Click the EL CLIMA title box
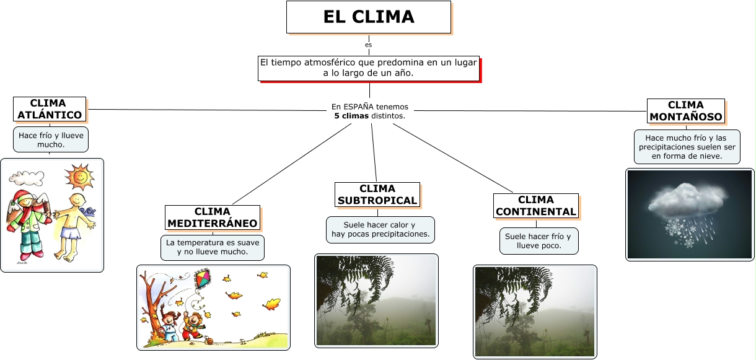[x=368, y=17]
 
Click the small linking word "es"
[x=369, y=45]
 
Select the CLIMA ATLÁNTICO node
[x=50, y=109]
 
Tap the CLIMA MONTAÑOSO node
[x=685, y=110]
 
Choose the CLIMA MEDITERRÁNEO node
[x=213, y=217]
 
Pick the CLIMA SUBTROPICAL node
[x=377, y=195]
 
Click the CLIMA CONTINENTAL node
[x=535, y=206]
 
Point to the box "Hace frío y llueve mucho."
[x=51, y=139]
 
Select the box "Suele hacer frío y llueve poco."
[x=538, y=241]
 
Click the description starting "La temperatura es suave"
[x=213, y=247]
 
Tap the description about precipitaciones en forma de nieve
[x=687, y=147]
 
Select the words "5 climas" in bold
[x=351, y=116]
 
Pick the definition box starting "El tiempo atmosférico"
[x=369, y=68]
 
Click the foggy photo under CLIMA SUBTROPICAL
[x=376, y=300]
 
